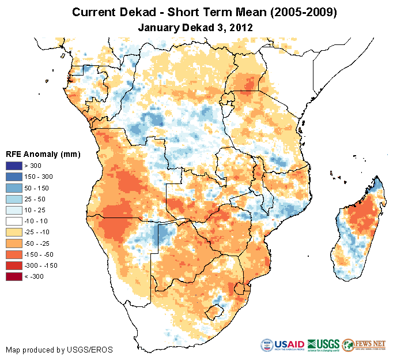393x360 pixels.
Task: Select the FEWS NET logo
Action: (363, 346)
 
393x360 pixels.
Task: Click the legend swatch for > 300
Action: (14, 166)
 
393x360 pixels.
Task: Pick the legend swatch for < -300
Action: (14, 277)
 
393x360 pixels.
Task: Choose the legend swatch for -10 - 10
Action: (14, 222)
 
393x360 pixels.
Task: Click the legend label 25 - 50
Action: (36, 200)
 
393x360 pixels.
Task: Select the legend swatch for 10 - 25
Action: (14, 211)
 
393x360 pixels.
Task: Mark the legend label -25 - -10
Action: (38, 232)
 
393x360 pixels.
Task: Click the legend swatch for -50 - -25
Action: (14, 243)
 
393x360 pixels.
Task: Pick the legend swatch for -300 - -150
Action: (14, 266)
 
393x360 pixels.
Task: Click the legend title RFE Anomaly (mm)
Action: (43, 154)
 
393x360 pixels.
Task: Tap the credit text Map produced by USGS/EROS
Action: (59, 350)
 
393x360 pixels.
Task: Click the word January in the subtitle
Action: (159, 27)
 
